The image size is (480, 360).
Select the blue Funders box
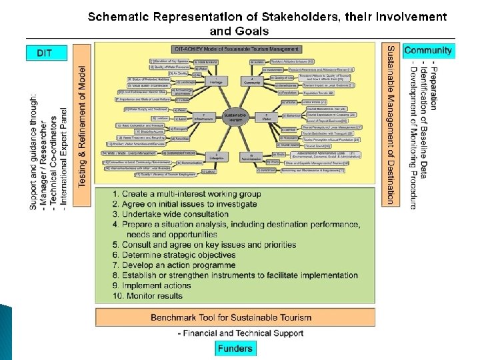235,347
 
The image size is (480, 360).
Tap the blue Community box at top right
427,51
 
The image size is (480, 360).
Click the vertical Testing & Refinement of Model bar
82,126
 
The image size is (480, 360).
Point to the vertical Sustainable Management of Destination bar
391,123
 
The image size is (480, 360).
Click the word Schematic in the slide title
124,17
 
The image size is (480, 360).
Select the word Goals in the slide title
251,31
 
